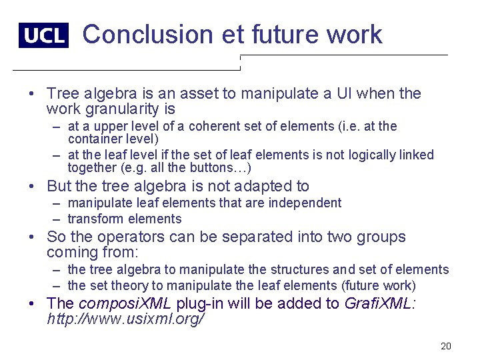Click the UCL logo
[x=43, y=35]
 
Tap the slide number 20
[x=446, y=346]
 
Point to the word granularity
[x=123, y=109]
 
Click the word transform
[x=96, y=219]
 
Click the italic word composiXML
[x=125, y=303]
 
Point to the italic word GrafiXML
[x=379, y=303]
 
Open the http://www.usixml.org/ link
[x=125, y=319]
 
